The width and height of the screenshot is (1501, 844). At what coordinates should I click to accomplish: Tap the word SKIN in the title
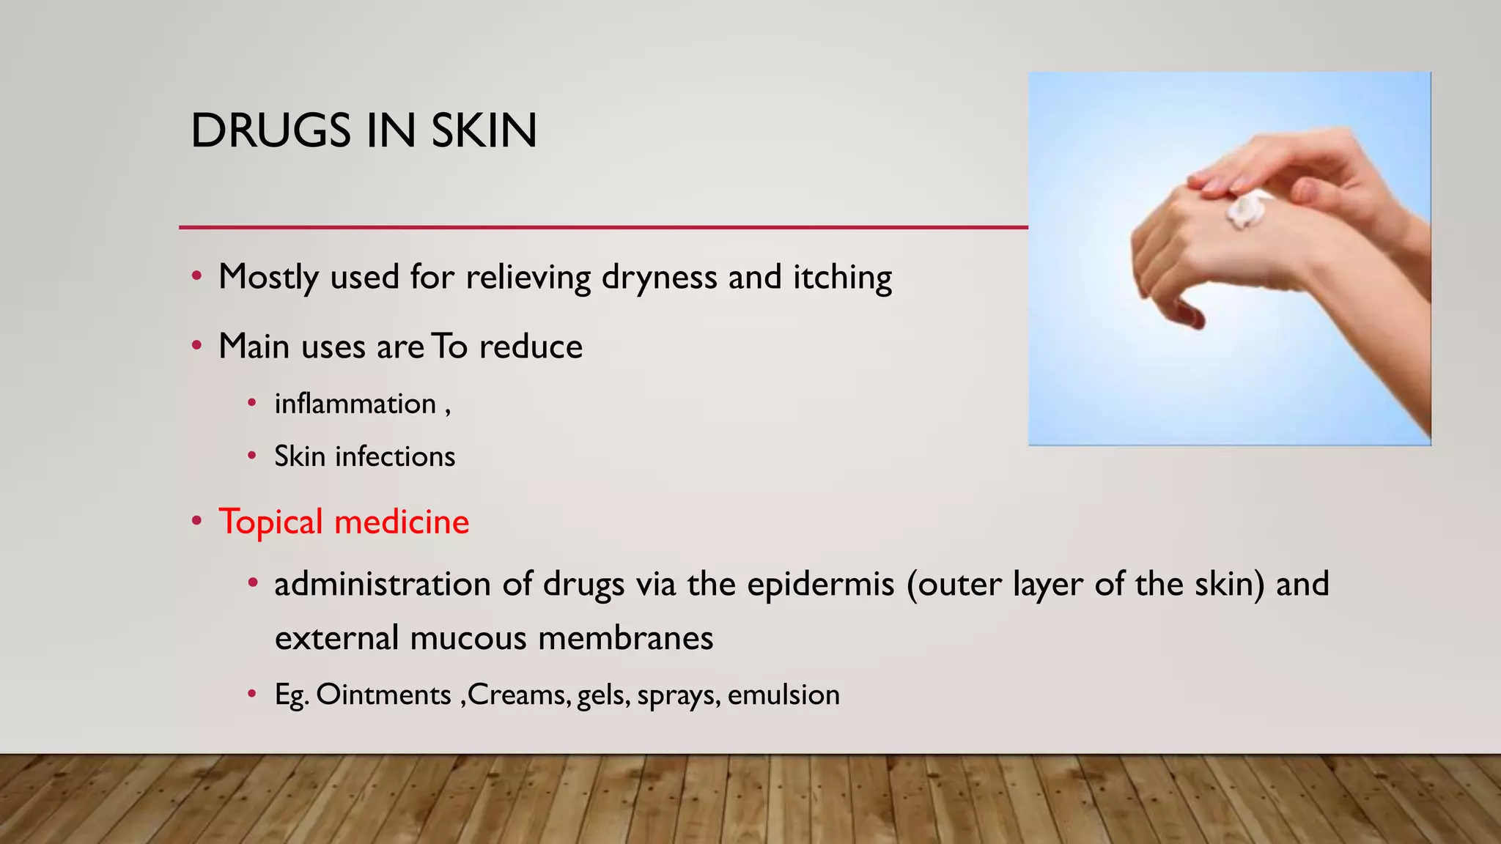click(x=484, y=131)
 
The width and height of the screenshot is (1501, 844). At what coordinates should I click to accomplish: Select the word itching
click(x=842, y=278)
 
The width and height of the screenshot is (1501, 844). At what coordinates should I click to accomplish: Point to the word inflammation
click(x=355, y=404)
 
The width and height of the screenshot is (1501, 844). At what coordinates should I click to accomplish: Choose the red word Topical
click(x=270, y=522)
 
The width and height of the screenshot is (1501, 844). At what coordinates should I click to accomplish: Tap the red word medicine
click(x=402, y=522)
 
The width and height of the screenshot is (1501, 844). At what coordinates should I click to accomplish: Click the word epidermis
click(x=821, y=585)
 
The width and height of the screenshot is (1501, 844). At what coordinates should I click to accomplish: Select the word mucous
click(x=468, y=637)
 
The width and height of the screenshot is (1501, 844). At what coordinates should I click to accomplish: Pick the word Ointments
click(x=383, y=695)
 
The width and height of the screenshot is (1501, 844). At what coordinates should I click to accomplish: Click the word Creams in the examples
click(x=519, y=695)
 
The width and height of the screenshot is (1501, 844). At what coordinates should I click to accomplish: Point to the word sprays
click(x=679, y=695)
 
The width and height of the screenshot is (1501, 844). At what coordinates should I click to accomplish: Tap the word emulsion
click(x=783, y=695)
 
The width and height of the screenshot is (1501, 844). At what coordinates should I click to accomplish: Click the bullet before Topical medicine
click(x=196, y=522)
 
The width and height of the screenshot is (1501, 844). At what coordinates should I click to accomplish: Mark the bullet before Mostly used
click(x=196, y=277)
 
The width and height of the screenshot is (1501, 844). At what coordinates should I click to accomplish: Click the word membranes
click(x=625, y=637)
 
